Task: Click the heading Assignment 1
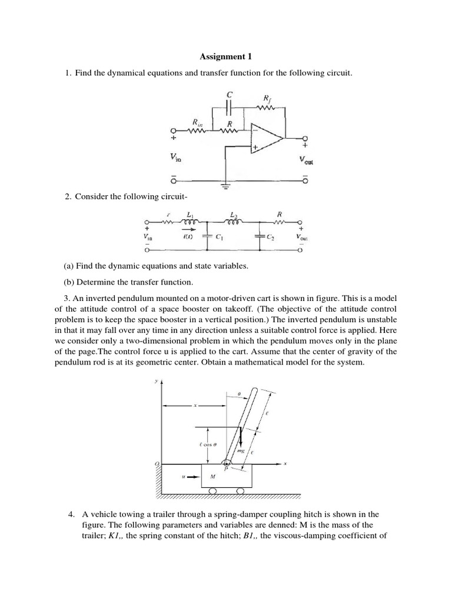point(225,57)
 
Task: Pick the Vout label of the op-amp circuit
point(306,160)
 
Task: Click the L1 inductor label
point(189,216)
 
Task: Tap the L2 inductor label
point(235,216)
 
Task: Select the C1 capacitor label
point(218,239)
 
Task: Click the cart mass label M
point(212,477)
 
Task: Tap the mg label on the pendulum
point(240,451)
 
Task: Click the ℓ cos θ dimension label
point(210,446)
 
